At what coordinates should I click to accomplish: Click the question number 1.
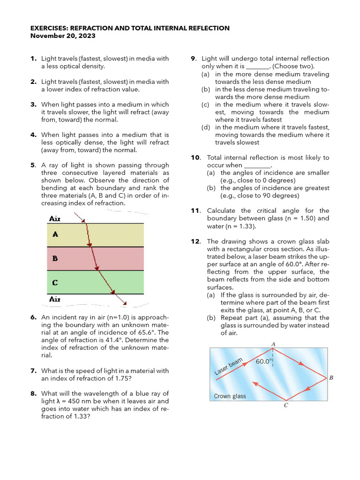tap(33, 59)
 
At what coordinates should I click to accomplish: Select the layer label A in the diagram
tap(55, 234)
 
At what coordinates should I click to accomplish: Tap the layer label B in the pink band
tap(55, 258)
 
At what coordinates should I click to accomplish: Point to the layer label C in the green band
tap(55, 282)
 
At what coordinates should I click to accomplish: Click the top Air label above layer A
tap(55, 218)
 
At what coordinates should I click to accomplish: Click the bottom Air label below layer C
tap(55, 299)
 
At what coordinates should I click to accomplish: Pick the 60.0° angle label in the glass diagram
tap(264, 361)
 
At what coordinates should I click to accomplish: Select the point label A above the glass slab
tap(273, 344)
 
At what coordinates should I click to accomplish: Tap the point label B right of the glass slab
tap(331, 377)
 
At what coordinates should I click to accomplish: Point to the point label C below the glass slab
tap(286, 406)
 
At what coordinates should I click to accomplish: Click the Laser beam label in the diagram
tap(229, 367)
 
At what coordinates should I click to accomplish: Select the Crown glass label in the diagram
tap(230, 396)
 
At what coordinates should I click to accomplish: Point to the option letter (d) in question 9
tap(205, 127)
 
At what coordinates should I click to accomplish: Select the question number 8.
tap(33, 394)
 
